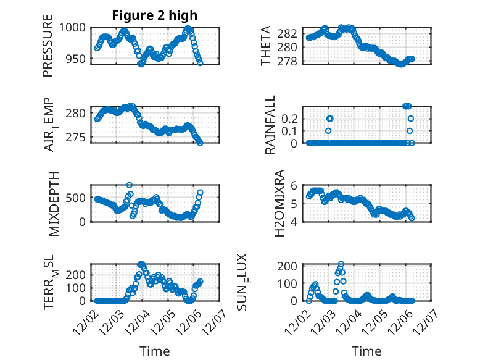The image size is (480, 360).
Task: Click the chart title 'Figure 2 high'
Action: [154, 15]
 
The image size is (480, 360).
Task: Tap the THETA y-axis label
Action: [265, 46]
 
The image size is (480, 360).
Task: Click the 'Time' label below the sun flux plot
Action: [366, 351]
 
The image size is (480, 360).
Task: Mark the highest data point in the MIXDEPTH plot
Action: [130, 185]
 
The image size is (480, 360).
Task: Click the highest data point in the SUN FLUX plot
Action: [341, 264]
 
